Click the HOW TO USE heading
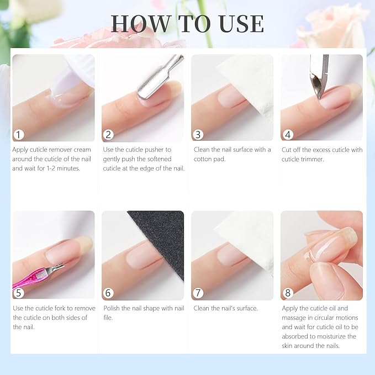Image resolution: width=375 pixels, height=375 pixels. [x=187, y=23]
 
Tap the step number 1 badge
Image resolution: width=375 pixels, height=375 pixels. [x=19, y=135]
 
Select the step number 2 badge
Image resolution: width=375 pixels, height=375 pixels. [x=109, y=135]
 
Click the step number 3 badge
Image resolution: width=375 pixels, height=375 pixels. [x=198, y=135]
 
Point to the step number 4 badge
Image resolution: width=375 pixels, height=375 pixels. [x=288, y=135]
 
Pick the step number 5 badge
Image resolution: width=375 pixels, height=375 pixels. [x=19, y=293]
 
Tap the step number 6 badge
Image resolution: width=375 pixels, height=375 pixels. [x=109, y=293]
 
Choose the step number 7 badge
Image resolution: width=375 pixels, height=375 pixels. [x=198, y=293]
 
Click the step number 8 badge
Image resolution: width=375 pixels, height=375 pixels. [x=288, y=293]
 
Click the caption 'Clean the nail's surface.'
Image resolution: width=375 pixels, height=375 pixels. [x=226, y=308]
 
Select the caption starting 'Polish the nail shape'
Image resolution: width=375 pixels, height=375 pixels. [x=143, y=313]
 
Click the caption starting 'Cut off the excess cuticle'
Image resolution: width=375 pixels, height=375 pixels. [x=321, y=154]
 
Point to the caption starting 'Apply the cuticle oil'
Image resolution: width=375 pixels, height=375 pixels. [x=321, y=327]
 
